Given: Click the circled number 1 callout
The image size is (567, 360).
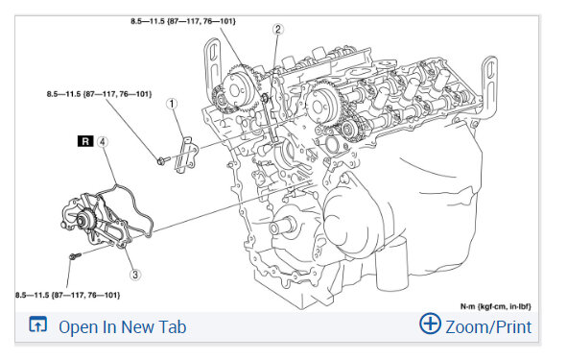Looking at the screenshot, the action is pos(172,104).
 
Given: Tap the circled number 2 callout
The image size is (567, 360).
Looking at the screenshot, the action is pos(277,30).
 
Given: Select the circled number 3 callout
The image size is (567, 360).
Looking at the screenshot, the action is pos(135,275).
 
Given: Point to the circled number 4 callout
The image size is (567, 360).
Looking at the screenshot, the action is pos(103,142).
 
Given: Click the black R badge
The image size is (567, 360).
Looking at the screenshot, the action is pos(85,141).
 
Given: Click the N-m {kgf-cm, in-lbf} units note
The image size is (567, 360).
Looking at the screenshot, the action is pos(496,306).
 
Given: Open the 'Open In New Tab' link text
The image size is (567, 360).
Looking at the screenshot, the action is pos(123,327).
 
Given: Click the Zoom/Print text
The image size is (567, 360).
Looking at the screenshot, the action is pos(488,327).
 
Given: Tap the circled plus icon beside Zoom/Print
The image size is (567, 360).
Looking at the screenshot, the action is pos(430,324).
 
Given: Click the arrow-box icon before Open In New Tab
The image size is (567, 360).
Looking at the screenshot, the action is pos(38,324).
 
